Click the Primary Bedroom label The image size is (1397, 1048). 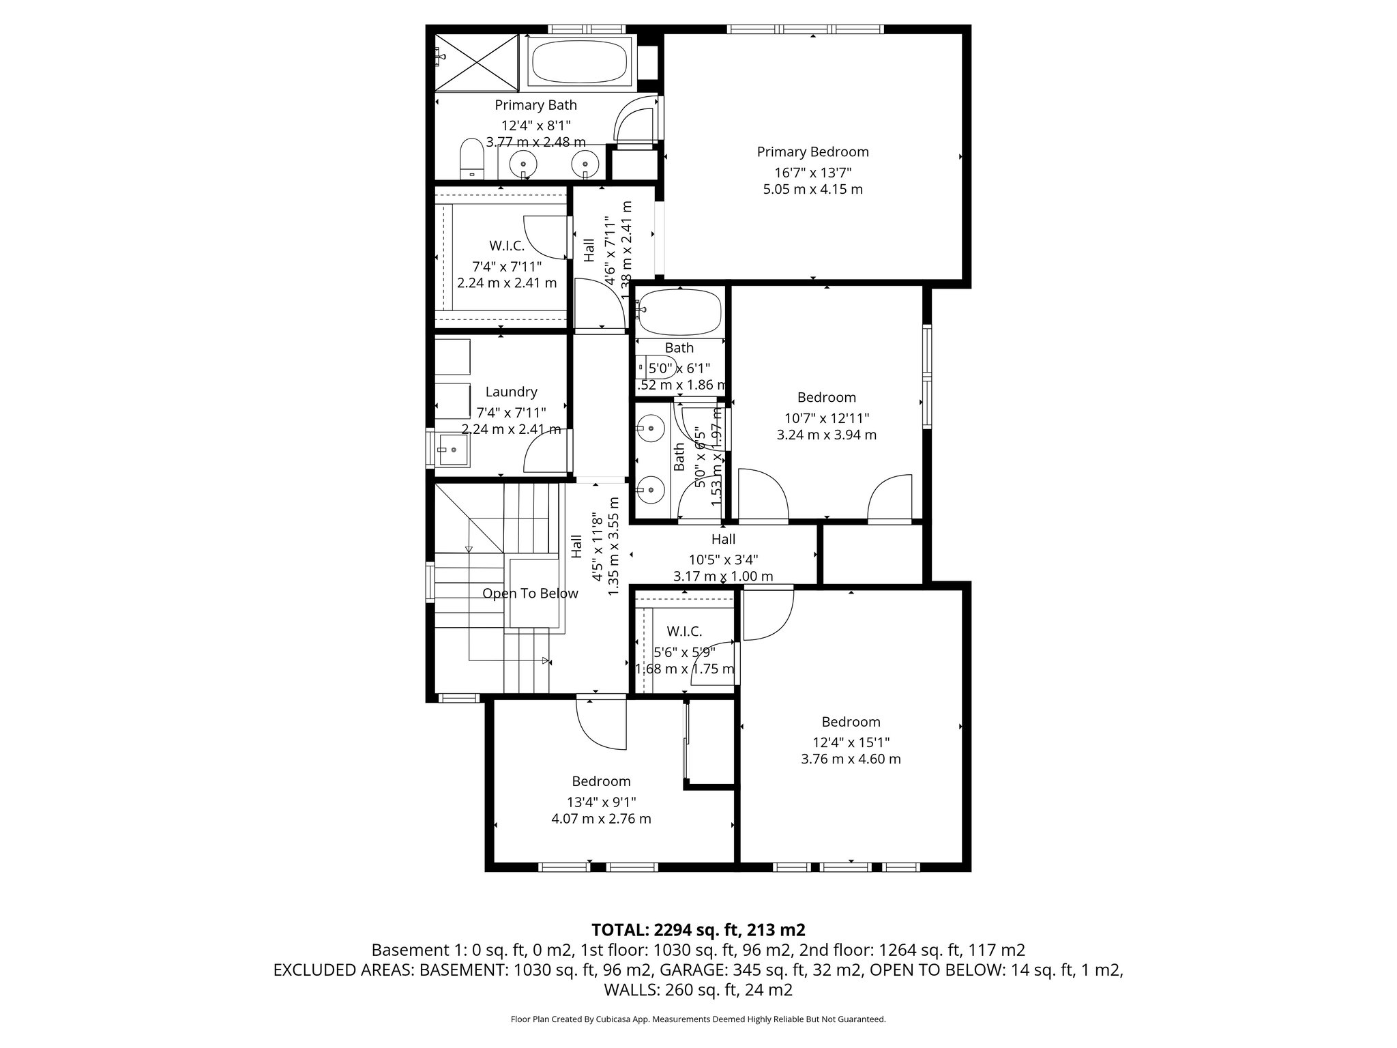(x=812, y=152)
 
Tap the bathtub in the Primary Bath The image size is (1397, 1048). (x=580, y=62)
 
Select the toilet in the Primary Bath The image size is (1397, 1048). (x=471, y=158)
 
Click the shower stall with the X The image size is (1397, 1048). (x=477, y=61)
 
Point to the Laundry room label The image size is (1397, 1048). (x=511, y=392)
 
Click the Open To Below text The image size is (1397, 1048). (x=530, y=594)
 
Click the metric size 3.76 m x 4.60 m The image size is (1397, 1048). (x=851, y=759)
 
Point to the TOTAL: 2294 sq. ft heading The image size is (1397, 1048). (x=698, y=930)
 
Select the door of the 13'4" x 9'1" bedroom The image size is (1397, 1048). (x=600, y=723)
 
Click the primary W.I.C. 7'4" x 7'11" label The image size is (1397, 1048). (x=507, y=246)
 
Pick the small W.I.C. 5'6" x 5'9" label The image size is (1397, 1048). (x=684, y=632)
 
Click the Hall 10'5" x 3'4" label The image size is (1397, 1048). (x=723, y=539)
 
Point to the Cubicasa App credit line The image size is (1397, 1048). (x=698, y=1019)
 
